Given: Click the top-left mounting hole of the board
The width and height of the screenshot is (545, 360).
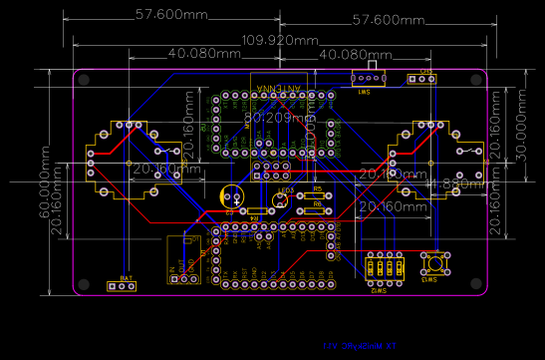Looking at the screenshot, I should point(83,78).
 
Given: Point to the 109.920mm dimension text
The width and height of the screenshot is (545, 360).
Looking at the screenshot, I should point(273,42).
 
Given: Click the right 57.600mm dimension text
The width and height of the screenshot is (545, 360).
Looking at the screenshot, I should point(390,19).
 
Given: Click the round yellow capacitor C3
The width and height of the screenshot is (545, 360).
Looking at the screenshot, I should point(231,196).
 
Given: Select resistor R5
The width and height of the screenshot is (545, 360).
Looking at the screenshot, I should point(318,195).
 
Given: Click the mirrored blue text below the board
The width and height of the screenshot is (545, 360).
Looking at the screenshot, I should point(354,344).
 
